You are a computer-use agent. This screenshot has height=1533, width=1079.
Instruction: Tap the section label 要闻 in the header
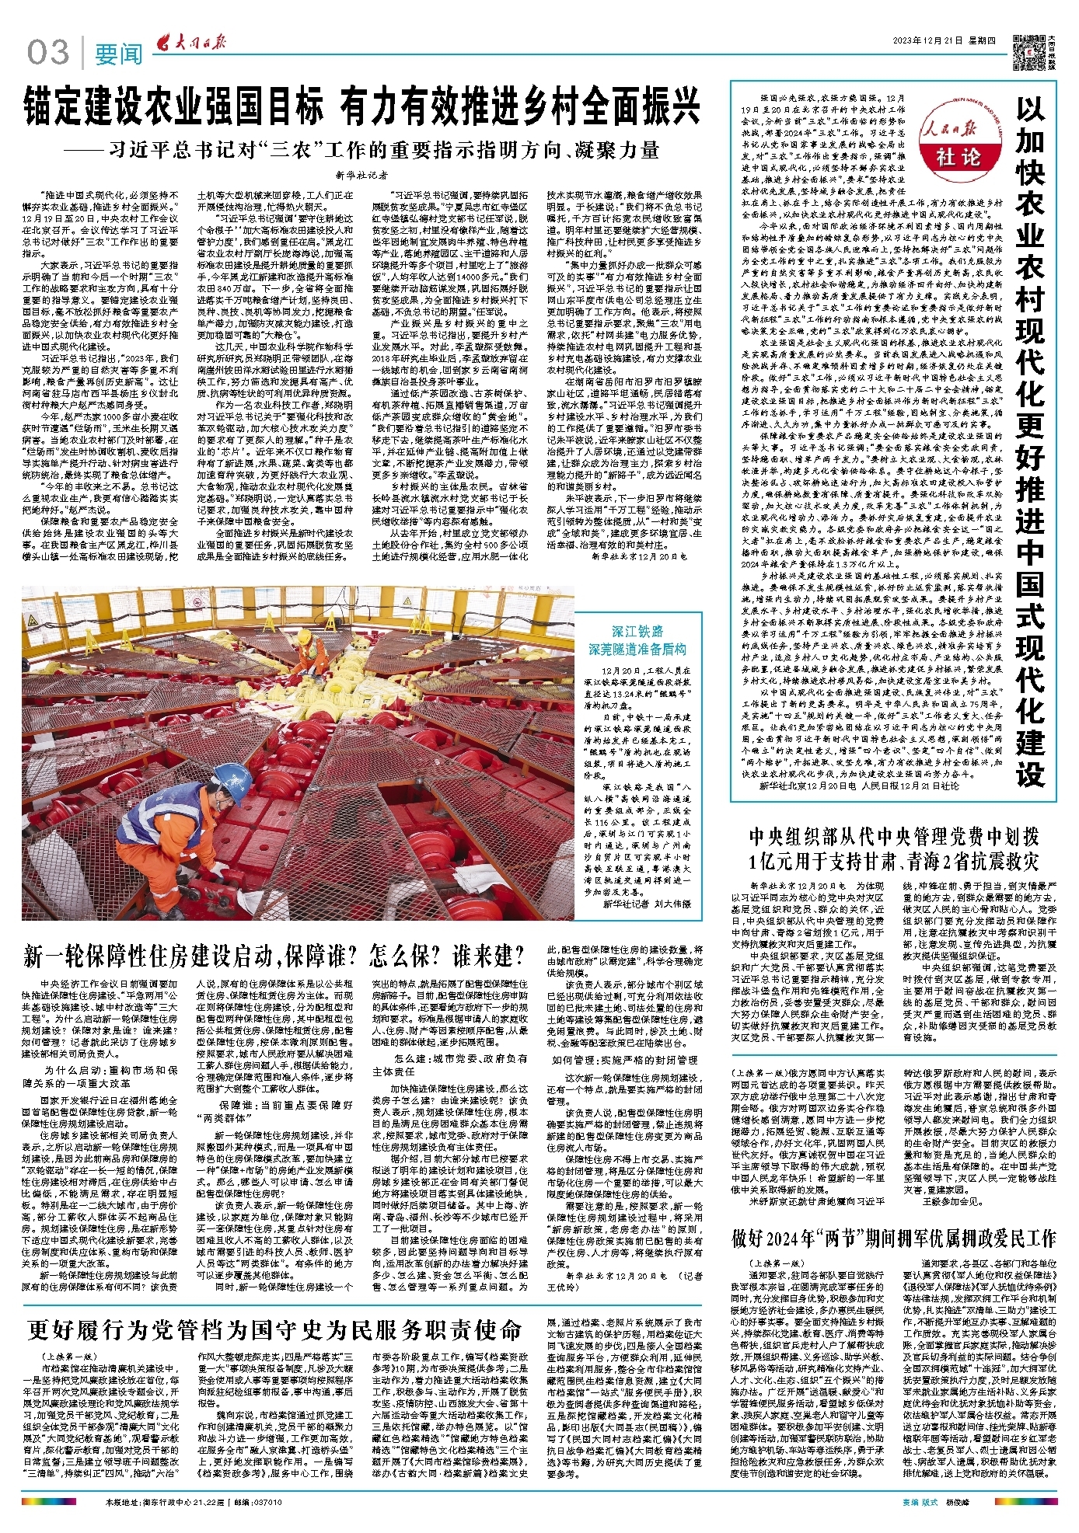point(119,54)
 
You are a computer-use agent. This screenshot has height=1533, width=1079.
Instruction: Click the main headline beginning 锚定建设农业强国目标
point(361,106)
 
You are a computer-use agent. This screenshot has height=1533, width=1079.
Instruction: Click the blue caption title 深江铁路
point(637,632)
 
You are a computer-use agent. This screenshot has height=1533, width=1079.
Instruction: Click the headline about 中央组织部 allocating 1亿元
point(894,848)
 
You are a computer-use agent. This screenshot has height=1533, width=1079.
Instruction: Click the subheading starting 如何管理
point(625,1059)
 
